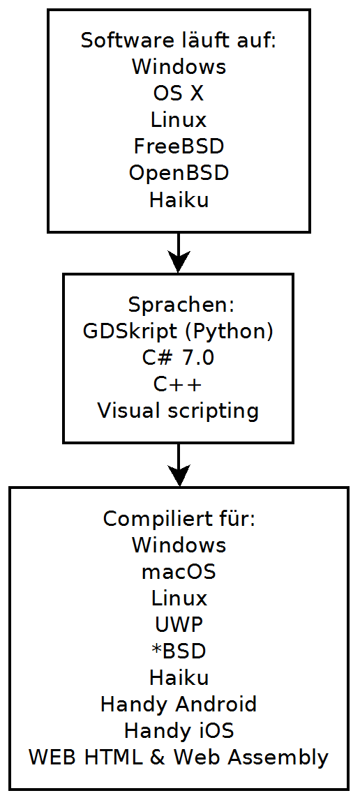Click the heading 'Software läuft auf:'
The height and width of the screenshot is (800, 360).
179,41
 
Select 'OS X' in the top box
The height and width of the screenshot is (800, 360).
179,94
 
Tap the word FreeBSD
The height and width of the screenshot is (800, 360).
179,147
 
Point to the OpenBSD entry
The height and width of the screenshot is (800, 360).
179,174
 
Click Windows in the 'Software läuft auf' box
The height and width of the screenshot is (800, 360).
179,68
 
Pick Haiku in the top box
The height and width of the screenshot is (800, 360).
179,200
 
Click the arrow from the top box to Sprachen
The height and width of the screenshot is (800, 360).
179,253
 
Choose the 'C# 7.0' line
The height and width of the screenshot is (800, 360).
179,359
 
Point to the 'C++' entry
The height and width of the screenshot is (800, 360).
179,385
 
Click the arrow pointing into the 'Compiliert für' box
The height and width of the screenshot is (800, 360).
179,465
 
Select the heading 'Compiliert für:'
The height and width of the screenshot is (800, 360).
179,519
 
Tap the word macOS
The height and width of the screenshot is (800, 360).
179,573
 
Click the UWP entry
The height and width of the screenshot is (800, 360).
179,625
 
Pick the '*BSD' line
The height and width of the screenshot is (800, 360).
179,651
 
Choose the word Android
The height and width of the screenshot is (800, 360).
216,704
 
